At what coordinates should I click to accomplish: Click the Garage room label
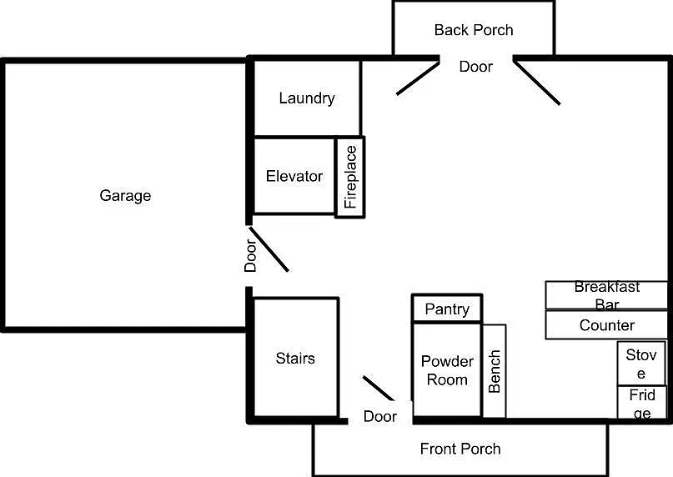coord(125,196)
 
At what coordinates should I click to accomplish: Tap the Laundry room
coord(307,98)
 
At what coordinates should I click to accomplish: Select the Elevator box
coord(294,176)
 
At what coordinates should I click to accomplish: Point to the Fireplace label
coord(350,177)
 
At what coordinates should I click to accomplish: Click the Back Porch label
coord(474,30)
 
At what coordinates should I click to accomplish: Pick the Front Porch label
coord(460,449)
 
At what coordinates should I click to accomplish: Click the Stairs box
coord(295,357)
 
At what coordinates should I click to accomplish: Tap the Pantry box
coord(447,309)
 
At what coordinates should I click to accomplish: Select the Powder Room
coord(447,369)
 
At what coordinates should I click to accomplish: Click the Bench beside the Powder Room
coord(494,371)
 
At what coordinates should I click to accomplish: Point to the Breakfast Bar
coord(606,295)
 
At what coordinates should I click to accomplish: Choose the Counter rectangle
coord(606,325)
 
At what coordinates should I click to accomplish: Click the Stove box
coord(641,364)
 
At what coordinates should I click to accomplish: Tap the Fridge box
coord(642,402)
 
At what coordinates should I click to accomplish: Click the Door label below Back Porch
coord(475,67)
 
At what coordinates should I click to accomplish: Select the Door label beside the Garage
coord(250,256)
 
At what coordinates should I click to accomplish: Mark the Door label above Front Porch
coord(379,416)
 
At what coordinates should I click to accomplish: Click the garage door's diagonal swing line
coord(269,249)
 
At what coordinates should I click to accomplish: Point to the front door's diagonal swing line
coord(378,388)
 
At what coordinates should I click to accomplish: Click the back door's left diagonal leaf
coord(418,78)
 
